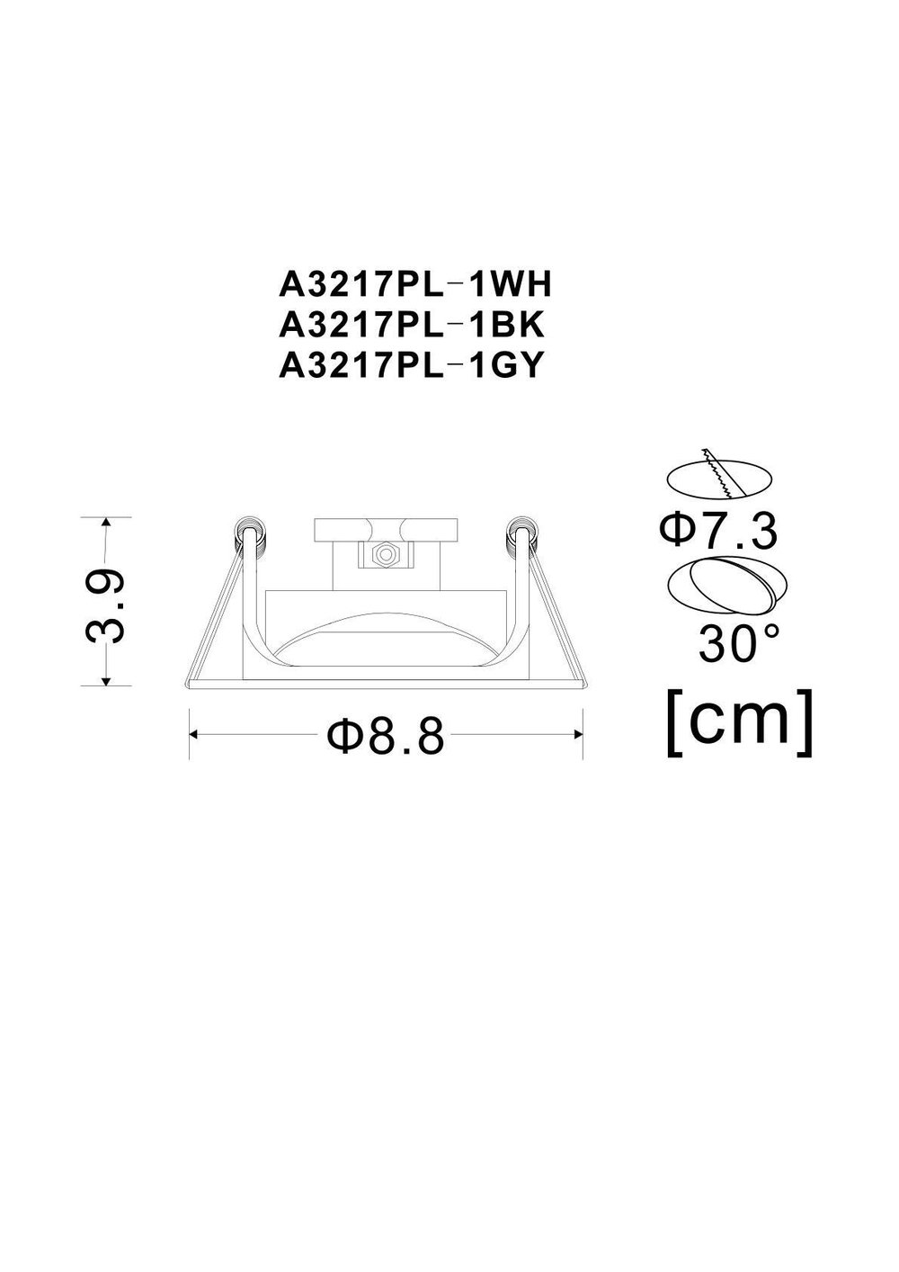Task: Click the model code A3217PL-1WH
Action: click(414, 285)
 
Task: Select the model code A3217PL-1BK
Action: click(413, 325)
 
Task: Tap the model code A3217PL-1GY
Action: click(413, 365)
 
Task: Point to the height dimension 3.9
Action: click(104, 604)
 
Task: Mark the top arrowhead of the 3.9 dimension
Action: click(106, 523)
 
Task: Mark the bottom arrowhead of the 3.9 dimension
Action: click(106, 680)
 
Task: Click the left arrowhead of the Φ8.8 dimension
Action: click(194, 735)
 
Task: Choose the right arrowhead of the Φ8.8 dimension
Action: click(578, 735)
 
